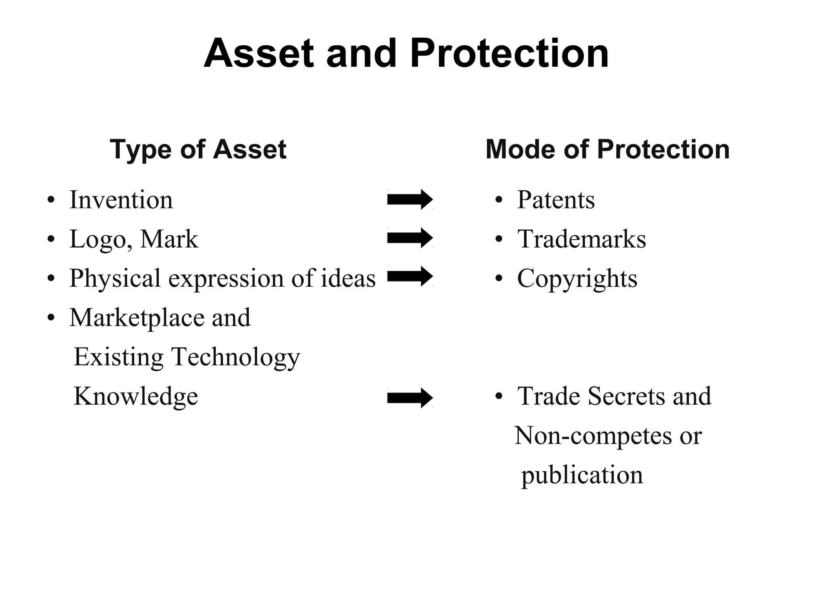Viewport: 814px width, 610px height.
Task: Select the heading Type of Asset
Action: coord(198,150)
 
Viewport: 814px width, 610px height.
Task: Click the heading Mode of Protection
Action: coord(607,150)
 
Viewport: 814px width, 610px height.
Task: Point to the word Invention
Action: coord(121,200)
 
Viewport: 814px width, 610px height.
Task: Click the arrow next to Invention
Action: coord(410,199)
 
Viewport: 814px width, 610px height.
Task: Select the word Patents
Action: coord(556,200)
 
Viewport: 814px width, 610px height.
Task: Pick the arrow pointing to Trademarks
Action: coord(410,238)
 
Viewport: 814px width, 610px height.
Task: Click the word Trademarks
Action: coord(581,239)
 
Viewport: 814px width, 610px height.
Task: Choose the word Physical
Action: coord(115,279)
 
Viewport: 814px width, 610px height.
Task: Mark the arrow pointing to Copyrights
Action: coord(410,276)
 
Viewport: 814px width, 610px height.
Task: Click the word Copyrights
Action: coord(577,279)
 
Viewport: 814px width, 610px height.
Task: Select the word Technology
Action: coord(235,357)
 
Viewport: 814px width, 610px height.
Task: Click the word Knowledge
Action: coord(136,396)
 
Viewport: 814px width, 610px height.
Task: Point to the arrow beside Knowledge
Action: coord(410,398)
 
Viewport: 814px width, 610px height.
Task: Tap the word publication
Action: coord(582,475)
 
